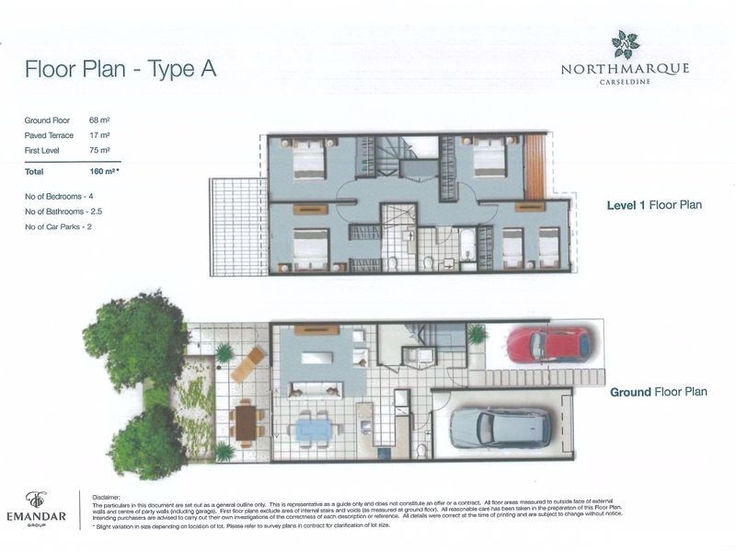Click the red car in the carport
548,344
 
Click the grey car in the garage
500,427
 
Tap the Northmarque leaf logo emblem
626,43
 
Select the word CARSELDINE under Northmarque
626,82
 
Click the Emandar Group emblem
36,500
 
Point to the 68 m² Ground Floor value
99,121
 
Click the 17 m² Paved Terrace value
99,135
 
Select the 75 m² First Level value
99,150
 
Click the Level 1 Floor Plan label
653,205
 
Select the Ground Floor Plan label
658,392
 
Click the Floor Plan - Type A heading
121,70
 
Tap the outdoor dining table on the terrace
246,422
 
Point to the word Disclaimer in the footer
108,494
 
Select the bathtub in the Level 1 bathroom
466,245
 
